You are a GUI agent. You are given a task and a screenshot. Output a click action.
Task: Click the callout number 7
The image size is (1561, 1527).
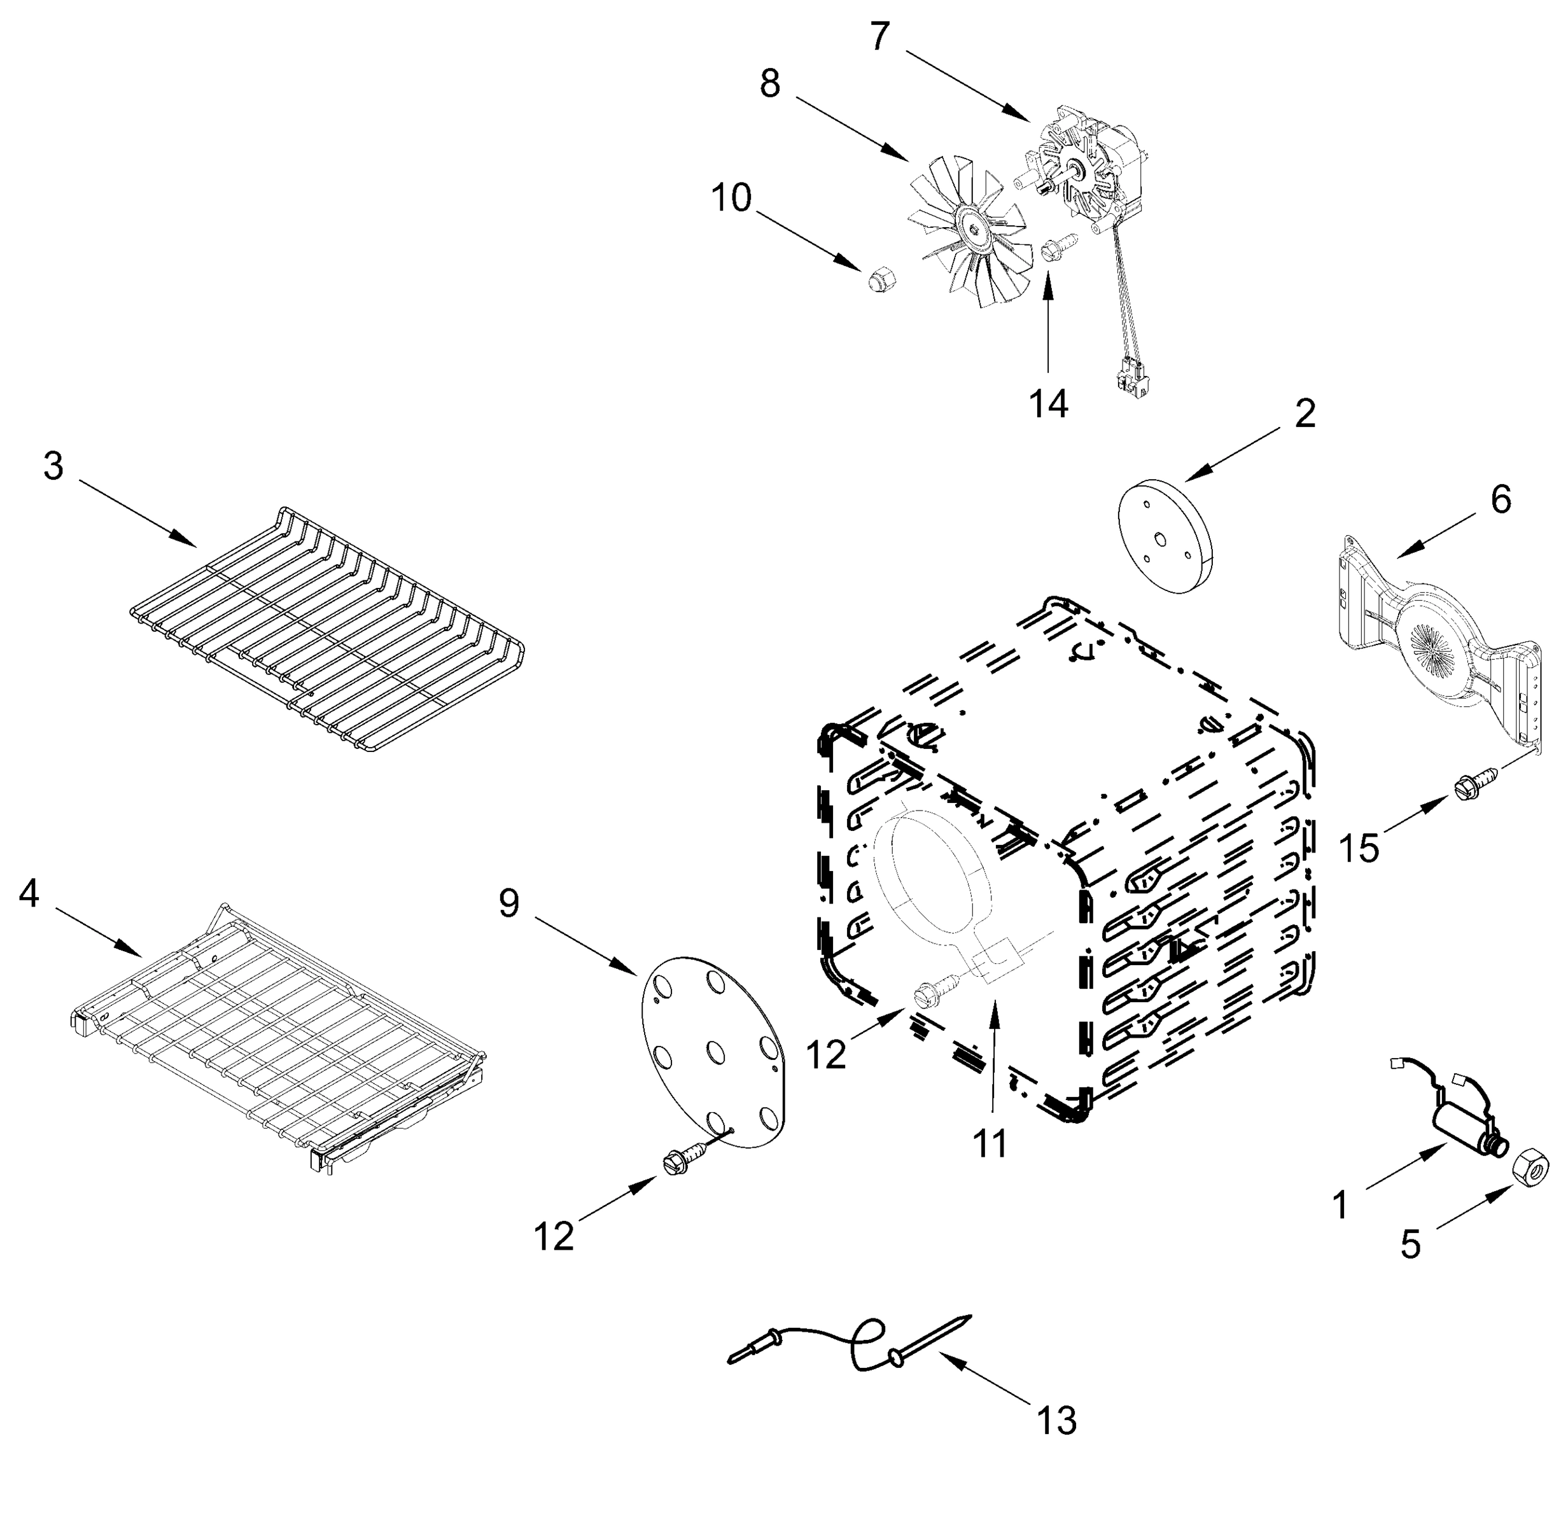[880, 36]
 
